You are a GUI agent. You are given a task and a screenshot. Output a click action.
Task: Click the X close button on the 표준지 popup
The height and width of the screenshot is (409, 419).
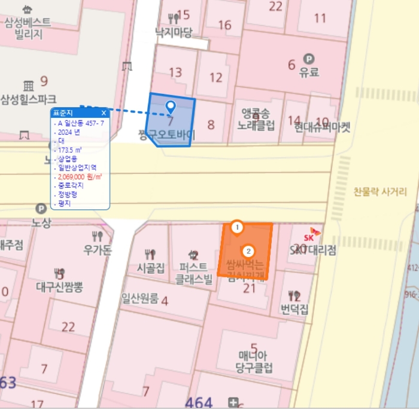tap(104, 112)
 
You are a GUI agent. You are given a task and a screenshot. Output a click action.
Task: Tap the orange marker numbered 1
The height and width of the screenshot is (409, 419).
tap(238, 227)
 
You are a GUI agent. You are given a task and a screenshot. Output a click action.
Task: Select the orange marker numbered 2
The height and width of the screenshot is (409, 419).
tap(249, 252)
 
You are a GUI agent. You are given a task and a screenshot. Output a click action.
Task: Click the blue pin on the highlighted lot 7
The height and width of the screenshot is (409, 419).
tap(171, 107)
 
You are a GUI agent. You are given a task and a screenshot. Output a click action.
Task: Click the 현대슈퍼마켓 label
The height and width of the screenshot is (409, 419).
tap(322, 127)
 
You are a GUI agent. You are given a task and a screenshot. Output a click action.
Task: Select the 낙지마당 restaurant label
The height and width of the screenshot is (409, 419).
tap(174, 32)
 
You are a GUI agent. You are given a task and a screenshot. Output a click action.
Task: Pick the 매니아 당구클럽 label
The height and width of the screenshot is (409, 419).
tap(254, 361)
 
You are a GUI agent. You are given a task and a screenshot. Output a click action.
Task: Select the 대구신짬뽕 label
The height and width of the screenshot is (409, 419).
tap(59, 287)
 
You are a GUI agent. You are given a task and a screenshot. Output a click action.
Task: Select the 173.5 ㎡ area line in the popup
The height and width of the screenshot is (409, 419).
tap(70, 150)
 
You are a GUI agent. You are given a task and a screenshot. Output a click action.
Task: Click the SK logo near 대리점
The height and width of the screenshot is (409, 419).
tap(315, 231)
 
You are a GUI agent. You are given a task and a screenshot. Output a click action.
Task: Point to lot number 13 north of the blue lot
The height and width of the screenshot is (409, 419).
tap(175, 73)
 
